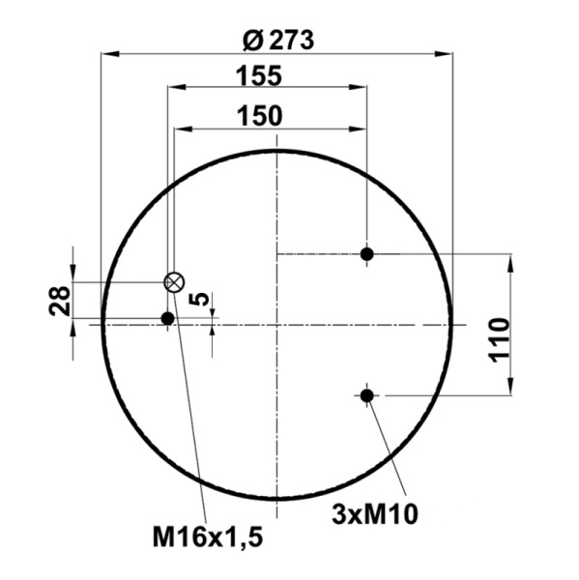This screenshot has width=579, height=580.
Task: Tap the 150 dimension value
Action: [261, 115]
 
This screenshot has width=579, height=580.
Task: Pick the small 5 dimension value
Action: [198, 300]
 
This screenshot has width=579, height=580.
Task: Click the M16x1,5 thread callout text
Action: [208, 534]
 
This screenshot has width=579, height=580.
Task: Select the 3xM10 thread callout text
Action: [374, 513]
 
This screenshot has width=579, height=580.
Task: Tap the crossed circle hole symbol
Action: [173, 282]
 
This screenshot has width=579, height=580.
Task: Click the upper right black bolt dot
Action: [366, 254]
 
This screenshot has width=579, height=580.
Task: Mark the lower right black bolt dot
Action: [366, 394]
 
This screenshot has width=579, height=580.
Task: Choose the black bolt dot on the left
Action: [167, 318]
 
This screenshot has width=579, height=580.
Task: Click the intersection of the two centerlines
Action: [277, 324]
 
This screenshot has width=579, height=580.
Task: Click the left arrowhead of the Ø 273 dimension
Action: [108, 54]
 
